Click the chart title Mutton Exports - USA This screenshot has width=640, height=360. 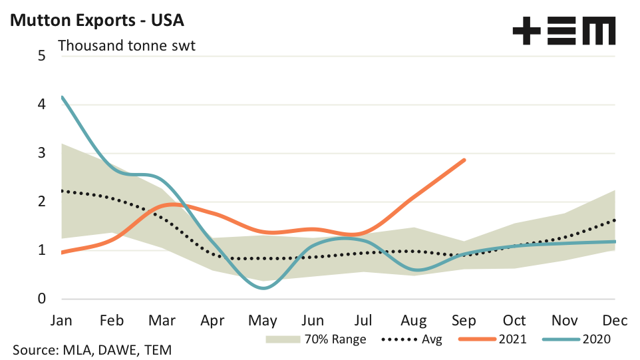96,21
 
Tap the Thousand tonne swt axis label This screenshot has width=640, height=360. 126,47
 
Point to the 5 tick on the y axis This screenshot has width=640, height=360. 41,56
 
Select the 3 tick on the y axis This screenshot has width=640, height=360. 41,153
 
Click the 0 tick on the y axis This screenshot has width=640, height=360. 41,299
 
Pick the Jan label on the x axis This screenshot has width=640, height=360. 61,320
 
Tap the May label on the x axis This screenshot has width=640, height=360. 263,320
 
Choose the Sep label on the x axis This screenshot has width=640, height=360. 464,320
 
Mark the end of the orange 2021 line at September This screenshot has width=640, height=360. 464,160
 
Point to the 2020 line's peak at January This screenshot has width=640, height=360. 62,97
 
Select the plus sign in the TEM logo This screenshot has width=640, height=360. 528,31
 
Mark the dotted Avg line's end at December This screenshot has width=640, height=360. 615,220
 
